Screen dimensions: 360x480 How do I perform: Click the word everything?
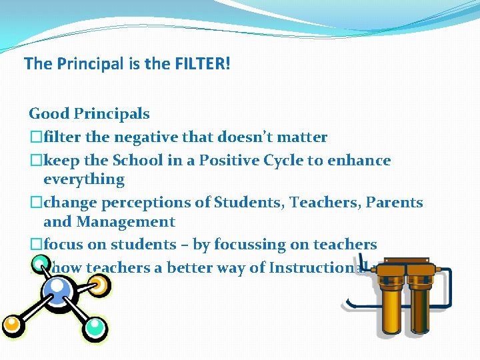[84, 179]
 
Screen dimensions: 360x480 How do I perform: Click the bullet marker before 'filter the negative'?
[36, 138]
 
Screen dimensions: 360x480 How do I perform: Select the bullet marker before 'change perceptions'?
[36, 203]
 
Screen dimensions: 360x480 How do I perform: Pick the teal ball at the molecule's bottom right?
[95, 327]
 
